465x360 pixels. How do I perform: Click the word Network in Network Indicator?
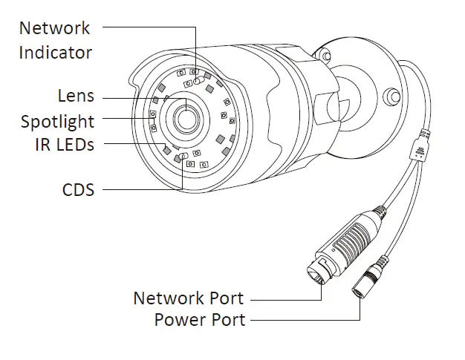tap(54, 28)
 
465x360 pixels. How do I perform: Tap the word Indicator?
tap(56, 53)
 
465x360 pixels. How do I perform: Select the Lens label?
tap(76, 96)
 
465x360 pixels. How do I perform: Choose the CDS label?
tap(78, 189)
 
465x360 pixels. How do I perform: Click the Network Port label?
tap(188, 298)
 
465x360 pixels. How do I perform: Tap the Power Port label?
tap(199, 321)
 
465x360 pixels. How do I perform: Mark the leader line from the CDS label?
tap(141, 190)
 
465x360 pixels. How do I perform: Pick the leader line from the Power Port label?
tap(305, 321)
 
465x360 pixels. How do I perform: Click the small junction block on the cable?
tap(421, 143)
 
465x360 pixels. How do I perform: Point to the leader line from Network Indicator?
tap(149, 28)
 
